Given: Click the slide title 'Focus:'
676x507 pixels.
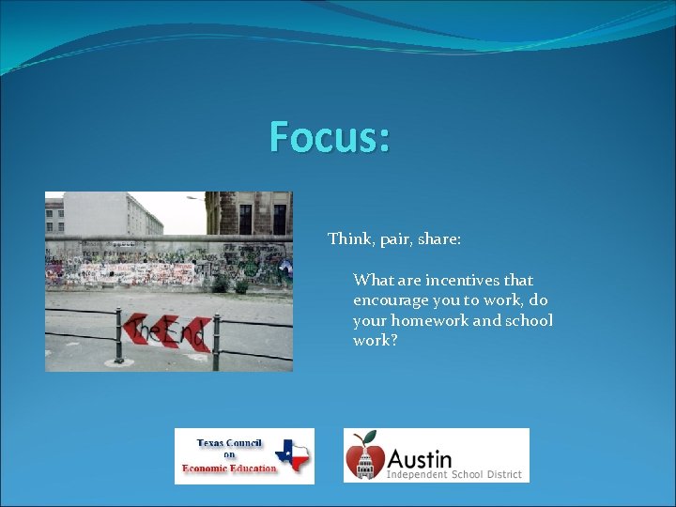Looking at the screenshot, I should (x=329, y=137).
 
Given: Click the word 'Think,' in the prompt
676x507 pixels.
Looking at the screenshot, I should (x=350, y=239).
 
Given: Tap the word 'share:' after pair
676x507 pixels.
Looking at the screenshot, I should (x=438, y=239).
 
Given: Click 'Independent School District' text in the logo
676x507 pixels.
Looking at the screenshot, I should (x=453, y=475).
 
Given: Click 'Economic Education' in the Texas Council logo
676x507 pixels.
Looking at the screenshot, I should (x=230, y=469).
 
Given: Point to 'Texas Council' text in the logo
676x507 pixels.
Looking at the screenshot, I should (x=230, y=444).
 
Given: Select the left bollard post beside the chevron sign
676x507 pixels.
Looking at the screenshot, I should (x=118, y=334).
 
